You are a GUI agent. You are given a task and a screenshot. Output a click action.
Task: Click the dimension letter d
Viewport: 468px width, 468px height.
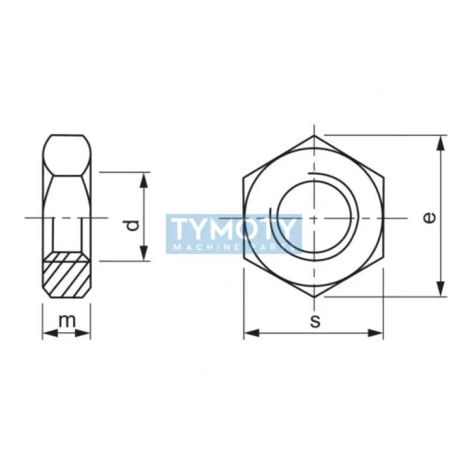(x=133, y=225)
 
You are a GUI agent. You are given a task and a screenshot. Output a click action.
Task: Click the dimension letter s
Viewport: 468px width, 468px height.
(x=315, y=321)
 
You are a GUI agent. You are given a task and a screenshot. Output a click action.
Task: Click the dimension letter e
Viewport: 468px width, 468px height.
(x=429, y=218)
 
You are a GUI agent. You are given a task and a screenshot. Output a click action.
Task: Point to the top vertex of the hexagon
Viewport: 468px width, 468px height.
(x=314, y=137)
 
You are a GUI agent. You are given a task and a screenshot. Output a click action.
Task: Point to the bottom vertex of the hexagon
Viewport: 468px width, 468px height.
(x=314, y=297)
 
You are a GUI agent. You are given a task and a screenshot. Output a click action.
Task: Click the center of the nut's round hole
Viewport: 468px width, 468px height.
(x=314, y=218)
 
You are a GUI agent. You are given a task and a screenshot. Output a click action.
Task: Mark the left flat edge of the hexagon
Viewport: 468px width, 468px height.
(x=244, y=218)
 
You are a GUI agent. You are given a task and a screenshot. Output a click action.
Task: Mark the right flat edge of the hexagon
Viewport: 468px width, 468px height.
(x=384, y=218)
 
